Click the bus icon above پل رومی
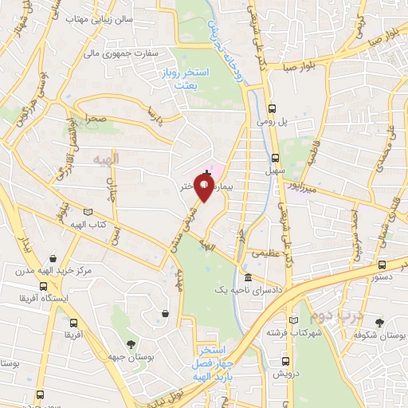point(273,108)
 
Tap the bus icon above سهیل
point(276,158)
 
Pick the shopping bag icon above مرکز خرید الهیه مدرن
point(53,259)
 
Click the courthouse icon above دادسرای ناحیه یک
point(248,277)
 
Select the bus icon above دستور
point(383,265)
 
